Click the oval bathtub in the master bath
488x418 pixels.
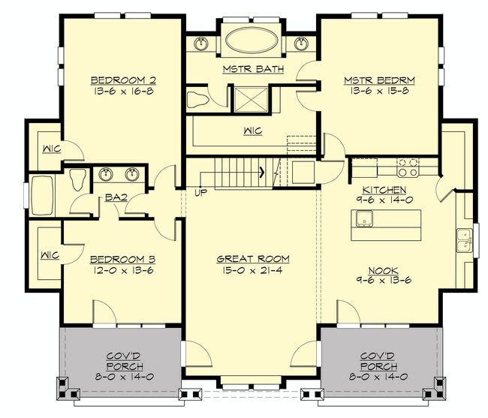pos(252,41)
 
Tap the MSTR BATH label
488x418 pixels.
pos(253,69)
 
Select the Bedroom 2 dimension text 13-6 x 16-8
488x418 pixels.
pos(123,91)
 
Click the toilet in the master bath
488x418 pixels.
pos(197,100)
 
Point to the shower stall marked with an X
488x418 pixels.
pos(251,100)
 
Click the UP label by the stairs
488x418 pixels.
pos(200,193)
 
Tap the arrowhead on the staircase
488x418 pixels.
pos(262,172)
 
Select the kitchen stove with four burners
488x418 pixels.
pos(408,167)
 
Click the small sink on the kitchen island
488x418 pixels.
pos(364,218)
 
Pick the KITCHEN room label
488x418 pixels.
pos(384,190)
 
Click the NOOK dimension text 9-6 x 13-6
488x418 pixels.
pos(384,280)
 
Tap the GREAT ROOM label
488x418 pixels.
pos(253,259)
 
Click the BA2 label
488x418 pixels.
pos(116,197)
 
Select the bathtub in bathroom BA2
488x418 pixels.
pos(42,196)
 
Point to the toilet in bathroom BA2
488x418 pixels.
pos(77,179)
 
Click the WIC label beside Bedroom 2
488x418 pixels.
pos(52,149)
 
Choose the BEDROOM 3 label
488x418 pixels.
pos(122,259)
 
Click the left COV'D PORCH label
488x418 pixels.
pos(125,361)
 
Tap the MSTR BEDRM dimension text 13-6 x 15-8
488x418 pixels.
pos(379,91)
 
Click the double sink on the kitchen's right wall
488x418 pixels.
pos(464,240)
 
